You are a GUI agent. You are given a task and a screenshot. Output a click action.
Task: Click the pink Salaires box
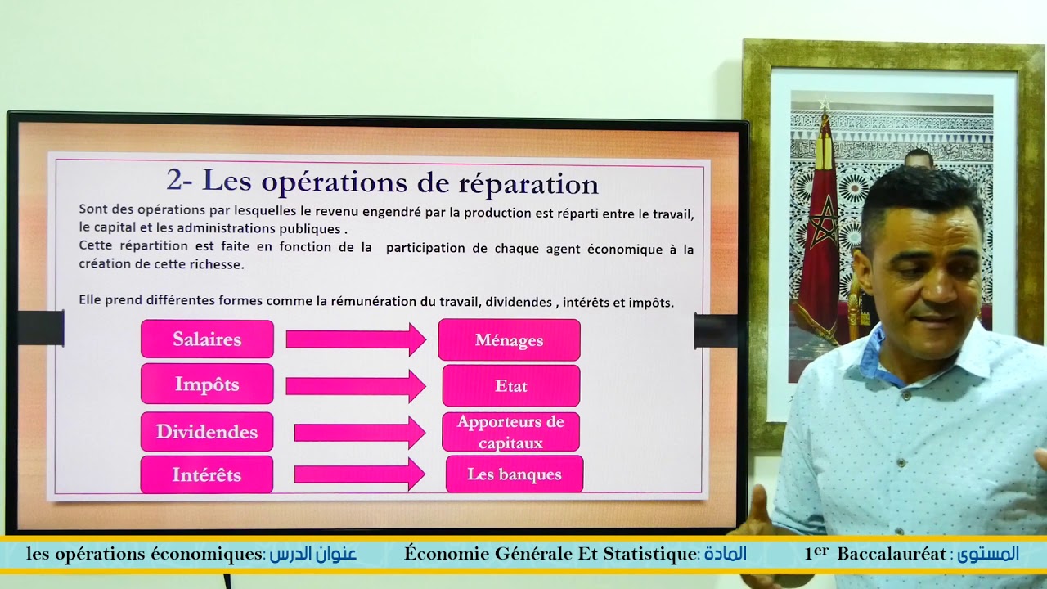(x=207, y=339)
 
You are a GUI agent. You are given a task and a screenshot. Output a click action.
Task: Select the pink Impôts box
(x=207, y=384)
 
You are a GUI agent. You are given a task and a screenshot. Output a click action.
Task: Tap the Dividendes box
(x=207, y=432)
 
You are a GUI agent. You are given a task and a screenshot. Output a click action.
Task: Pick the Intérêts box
(x=207, y=474)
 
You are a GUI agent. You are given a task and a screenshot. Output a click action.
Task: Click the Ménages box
(x=509, y=340)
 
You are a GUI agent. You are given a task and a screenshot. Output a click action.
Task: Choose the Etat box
(x=511, y=386)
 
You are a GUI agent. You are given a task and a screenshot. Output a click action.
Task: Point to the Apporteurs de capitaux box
(x=510, y=432)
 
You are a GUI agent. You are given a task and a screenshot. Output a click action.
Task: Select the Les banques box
(x=515, y=474)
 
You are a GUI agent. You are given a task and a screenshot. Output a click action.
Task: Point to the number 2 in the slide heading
(x=173, y=179)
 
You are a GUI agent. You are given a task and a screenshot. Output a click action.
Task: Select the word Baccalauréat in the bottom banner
(x=891, y=554)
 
